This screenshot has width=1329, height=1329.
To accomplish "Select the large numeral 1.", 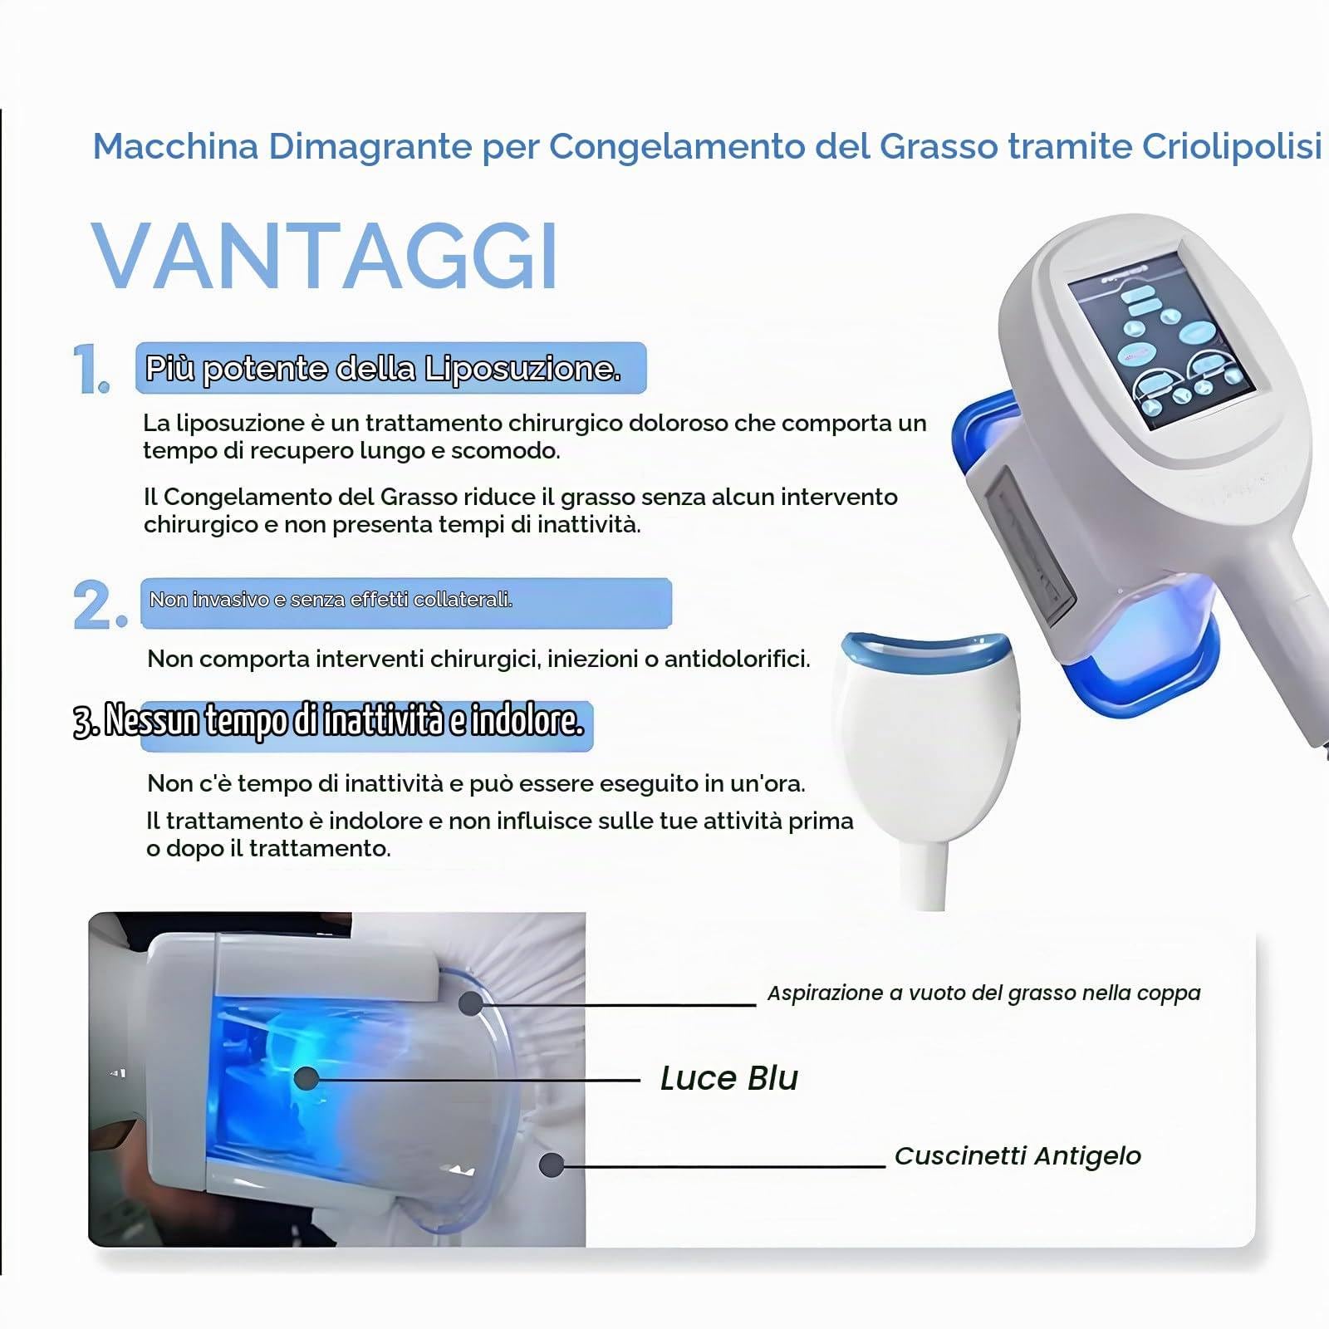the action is [x=91, y=369].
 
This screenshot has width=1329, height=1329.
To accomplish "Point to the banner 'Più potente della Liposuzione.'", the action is [x=390, y=368].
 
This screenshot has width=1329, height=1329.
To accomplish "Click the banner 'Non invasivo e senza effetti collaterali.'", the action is [x=405, y=602].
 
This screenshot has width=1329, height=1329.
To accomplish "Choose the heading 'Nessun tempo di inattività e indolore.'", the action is [x=329, y=721].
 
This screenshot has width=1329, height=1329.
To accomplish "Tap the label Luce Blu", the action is [x=728, y=1078].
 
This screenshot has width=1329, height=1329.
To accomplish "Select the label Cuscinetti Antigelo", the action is [x=1018, y=1155].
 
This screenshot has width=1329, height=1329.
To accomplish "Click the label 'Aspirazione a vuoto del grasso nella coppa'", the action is [x=983, y=993].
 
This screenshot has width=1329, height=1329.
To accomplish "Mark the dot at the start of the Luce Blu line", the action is [x=307, y=1078].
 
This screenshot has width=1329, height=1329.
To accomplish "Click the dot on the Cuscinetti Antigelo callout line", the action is [x=552, y=1165].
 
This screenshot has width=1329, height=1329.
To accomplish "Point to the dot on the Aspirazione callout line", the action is [x=471, y=1003].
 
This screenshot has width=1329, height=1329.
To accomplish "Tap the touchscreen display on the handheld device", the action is [x=1161, y=341].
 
